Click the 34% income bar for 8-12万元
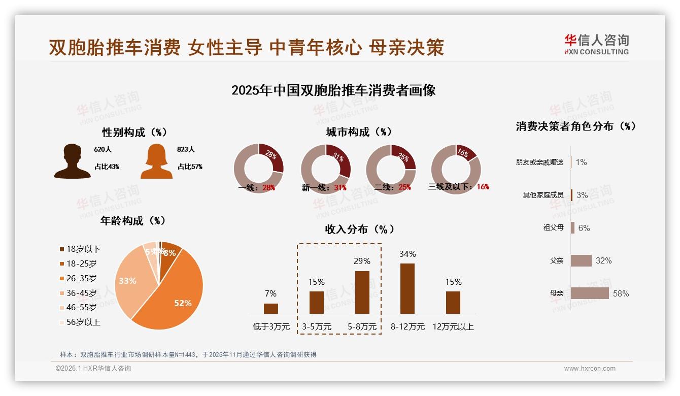pos(407,288)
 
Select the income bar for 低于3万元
pos(271,308)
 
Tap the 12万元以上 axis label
pos(453,327)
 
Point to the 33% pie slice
pos(130,282)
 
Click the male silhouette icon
pos(72,161)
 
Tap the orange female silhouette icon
pos(157,161)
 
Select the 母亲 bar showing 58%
pos(589,293)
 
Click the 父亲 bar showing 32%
pos(581,260)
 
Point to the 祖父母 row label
pos(553,228)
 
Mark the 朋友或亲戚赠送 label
pos(539,162)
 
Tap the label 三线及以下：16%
pos(458,187)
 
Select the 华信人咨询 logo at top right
pos(596,44)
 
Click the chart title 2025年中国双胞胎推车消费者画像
pos(333,91)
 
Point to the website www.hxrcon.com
pos(590,369)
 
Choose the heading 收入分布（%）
pos(359,229)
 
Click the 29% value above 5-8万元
pos(362,261)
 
